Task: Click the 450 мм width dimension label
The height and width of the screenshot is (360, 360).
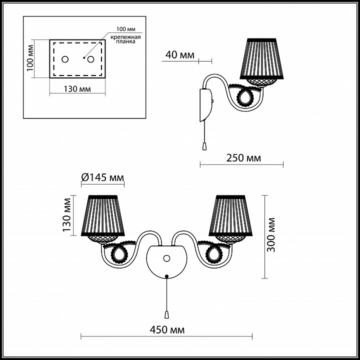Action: click(x=167, y=330)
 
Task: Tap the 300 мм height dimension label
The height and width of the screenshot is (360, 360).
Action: click(x=271, y=234)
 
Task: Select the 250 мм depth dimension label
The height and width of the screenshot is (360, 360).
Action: click(x=243, y=158)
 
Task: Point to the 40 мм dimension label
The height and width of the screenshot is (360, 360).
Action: click(x=180, y=55)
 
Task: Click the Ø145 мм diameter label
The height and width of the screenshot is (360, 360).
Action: click(x=102, y=177)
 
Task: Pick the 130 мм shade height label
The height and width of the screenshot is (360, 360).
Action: click(x=67, y=215)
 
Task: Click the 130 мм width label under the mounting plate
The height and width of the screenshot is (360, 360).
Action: click(x=77, y=89)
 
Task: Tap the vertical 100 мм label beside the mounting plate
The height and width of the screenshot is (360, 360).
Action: click(x=30, y=58)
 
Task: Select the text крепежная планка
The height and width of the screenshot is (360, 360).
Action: click(x=125, y=39)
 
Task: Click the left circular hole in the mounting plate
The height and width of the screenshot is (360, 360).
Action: click(x=65, y=59)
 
